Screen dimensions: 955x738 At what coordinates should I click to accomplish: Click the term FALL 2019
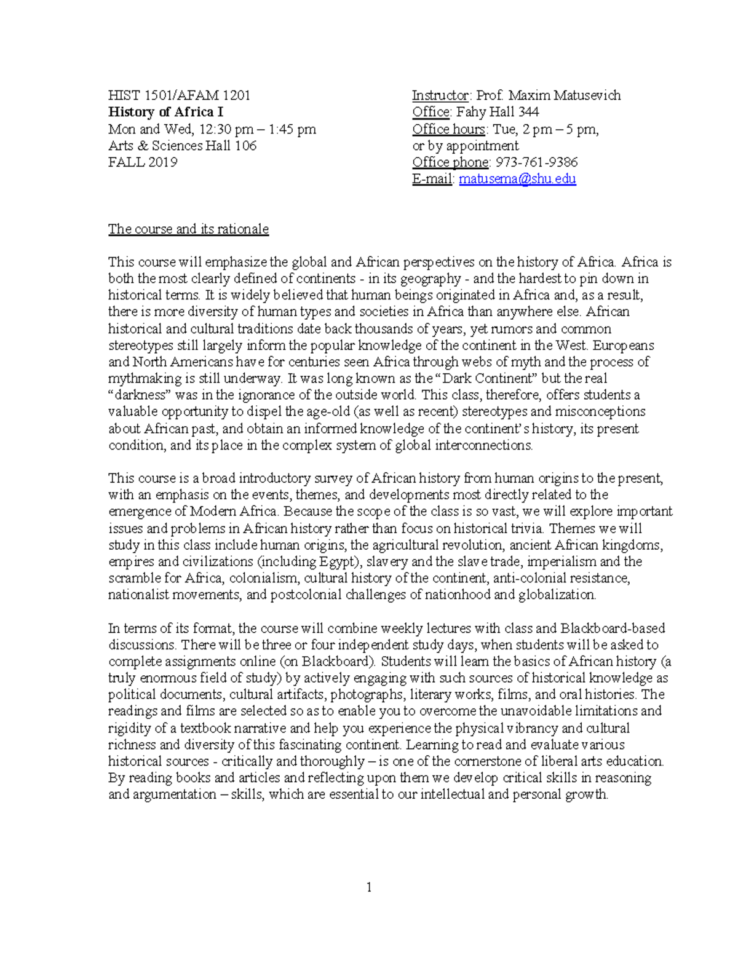click(x=143, y=162)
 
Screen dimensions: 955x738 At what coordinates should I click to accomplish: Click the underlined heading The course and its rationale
click(x=188, y=229)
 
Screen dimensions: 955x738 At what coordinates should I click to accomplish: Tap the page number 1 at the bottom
click(x=369, y=887)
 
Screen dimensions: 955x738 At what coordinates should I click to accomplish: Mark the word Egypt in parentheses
click(x=336, y=561)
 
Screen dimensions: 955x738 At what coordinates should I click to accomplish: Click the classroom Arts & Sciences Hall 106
click(x=182, y=146)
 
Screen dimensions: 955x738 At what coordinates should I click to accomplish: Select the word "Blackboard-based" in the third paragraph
click(x=613, y=628)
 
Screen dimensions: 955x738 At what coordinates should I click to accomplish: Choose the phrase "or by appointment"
click(x=465, y=146)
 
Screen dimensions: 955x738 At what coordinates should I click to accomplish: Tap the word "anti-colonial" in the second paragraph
click(x=530, y=578)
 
